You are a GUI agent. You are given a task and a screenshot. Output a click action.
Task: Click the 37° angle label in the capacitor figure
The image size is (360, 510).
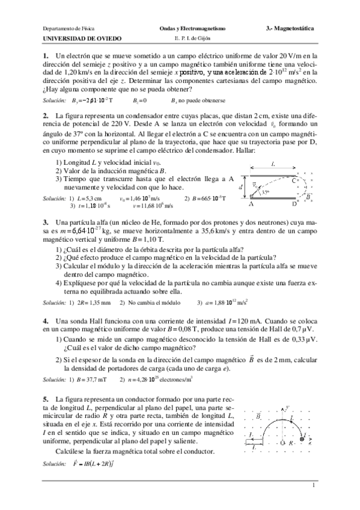(266, 192)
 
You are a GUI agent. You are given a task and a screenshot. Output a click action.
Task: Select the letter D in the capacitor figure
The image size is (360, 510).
(294, 204)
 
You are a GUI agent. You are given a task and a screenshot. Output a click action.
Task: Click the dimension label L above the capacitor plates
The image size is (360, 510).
(273, 164)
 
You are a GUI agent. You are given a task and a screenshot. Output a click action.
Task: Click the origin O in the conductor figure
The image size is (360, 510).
(282, 443)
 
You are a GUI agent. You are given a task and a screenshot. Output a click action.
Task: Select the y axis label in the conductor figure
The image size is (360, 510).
(287, 407)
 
